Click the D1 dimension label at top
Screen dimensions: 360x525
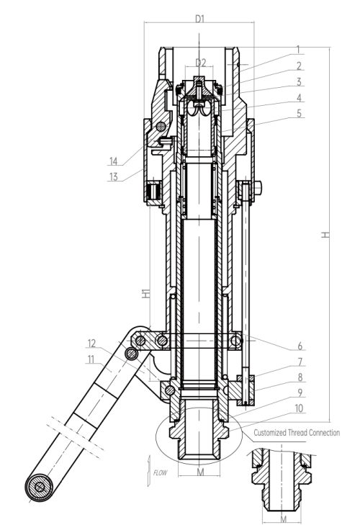[x=199, y=19]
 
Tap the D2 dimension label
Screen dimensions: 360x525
[x=200, y=62]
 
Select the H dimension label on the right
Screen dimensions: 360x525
[x=325, y=235]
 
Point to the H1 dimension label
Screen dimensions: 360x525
[x=146, y=293]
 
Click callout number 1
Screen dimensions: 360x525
[x=298, y=50]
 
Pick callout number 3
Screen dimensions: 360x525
[x=299, y=82]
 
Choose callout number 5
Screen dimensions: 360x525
[x=299, y=114]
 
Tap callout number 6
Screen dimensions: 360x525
[x=300, y=346]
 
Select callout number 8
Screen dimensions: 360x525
[x=300, y=377]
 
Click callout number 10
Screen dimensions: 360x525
[x=299, y=408]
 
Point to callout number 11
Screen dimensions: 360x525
[x=91, y=359]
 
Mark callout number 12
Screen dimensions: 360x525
[x=91, y=344]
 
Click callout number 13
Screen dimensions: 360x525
[x=114, y=176]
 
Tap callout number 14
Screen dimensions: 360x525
[x=114, y=161]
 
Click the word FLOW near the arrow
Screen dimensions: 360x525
[x=160, y=472]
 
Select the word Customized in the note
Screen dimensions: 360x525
[x=270, y=433]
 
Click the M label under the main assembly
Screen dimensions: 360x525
[x=200, y=472]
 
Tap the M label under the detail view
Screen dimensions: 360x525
[x=283, y=519]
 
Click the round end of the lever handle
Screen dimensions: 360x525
[x=40, y=487]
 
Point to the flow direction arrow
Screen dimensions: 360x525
[x=149, y=471]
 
